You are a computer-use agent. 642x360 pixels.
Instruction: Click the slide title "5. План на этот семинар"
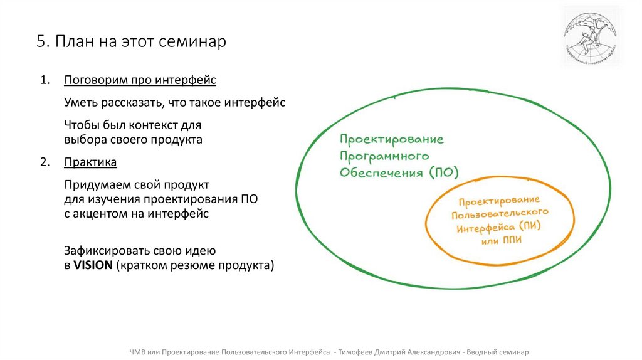130,42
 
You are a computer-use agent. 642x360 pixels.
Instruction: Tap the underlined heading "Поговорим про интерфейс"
140,80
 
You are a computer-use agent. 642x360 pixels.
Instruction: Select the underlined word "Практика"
90,162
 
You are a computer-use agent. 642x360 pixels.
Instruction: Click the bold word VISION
93,265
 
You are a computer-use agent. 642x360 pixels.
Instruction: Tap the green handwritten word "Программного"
384,155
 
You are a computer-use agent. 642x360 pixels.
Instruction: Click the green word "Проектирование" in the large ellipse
392,139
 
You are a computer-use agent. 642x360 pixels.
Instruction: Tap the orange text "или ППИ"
501,240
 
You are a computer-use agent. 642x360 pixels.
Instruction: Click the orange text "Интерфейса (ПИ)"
498,227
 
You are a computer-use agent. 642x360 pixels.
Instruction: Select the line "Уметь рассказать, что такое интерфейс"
175,102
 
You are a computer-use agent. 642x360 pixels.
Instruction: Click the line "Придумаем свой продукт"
136,185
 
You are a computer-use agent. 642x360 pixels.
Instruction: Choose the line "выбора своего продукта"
133,139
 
